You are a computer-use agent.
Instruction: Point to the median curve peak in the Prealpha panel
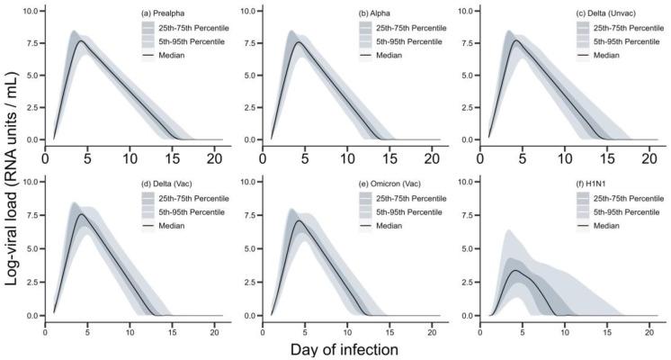80,40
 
